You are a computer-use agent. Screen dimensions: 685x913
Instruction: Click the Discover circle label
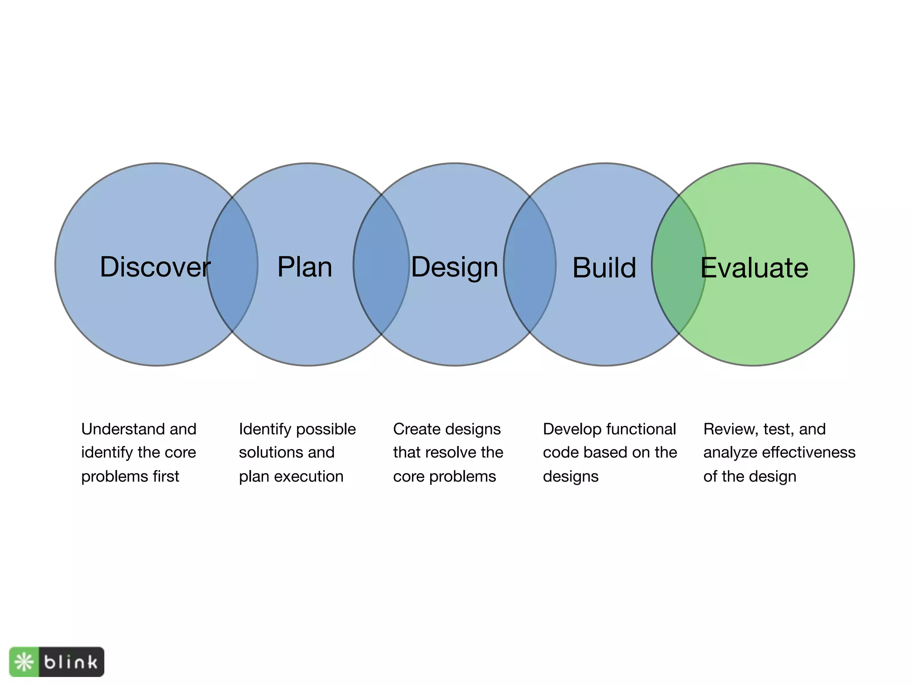[x=155, y=267]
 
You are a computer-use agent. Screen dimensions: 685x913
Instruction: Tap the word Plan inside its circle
[x=304, y=267]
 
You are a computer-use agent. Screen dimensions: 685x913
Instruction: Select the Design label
[x=454, y=268]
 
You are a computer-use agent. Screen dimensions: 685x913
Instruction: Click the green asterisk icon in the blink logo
[x=24, y=662]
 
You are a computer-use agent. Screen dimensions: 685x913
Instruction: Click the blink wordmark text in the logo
[x=71, y=662]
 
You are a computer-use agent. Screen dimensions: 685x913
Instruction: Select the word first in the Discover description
[x=166, y=476]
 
